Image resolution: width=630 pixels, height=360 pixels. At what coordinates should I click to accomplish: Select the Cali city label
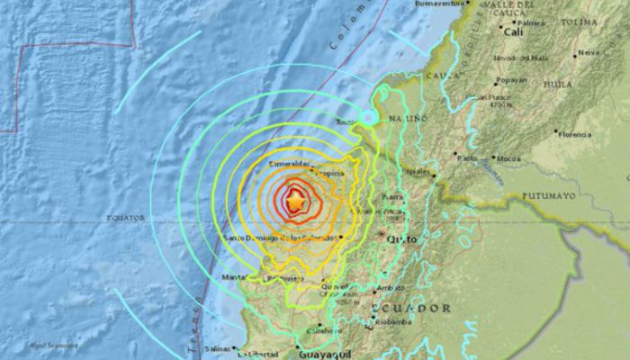(x=514, y=31)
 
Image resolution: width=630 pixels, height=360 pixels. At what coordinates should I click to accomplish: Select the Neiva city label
(x=589, y=52)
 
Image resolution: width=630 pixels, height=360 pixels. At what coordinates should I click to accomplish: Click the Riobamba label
(x=394, y=321)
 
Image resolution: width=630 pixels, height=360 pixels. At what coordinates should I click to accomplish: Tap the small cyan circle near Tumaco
(x=369, y=117)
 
